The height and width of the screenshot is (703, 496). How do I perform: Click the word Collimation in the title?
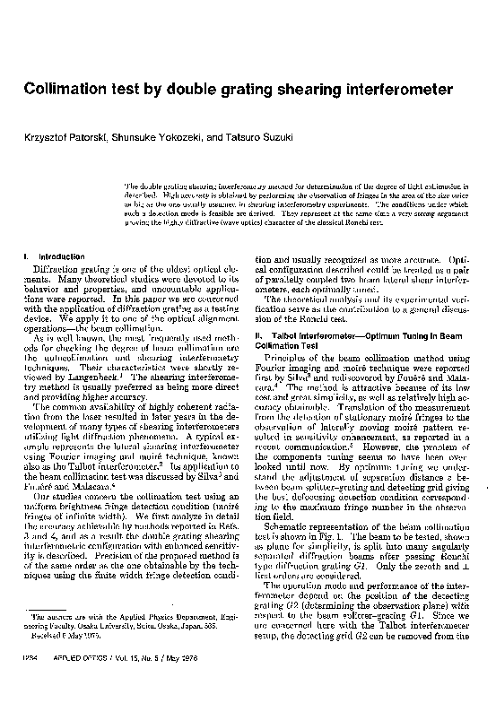click(x=65, y=91)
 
